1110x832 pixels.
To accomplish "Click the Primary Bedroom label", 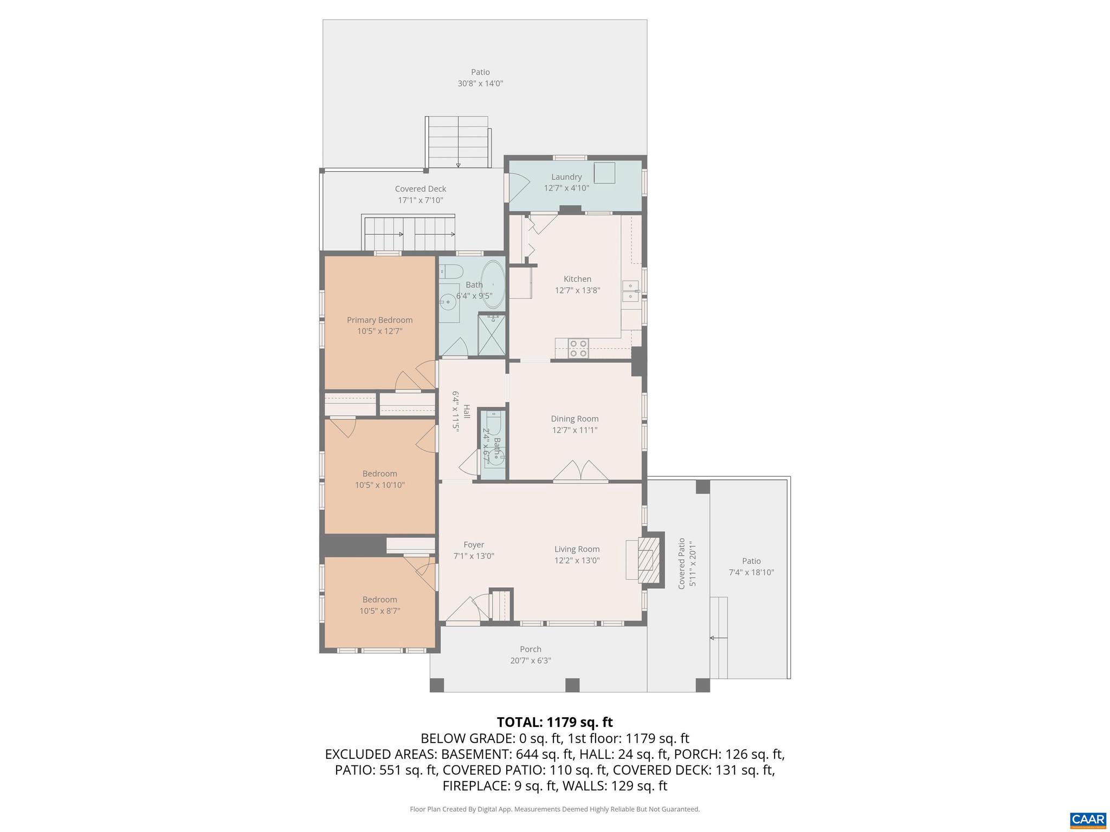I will pyautogui.click(x=379, y=320).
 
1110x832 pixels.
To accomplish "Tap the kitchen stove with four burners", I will pyautogui.click(x=578, y=348).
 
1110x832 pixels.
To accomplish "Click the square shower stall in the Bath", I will pyautogui.click(x=492, y=335).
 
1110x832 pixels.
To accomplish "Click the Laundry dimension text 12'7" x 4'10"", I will pyautogui.click(x=566, y=188).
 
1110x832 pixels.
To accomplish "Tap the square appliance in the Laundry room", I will pyautogui.click(x=604, y=172).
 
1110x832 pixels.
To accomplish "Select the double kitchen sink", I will pyautogui.click(x=630, y=291).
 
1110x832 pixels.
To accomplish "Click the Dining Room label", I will pyautogui.click(x=575, y=419).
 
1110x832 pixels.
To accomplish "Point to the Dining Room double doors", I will pyautogui.click(x=580, y=471).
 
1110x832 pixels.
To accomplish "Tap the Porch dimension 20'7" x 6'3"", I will pyautogui.click(x=530, y=661).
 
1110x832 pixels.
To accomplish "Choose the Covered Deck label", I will pyautogui.click(x=420, y=189).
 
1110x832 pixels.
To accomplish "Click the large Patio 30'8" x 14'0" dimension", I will pyautogui.click(x=480, y=83).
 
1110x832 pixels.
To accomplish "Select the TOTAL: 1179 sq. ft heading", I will pyautogui.click(x=554, y=722).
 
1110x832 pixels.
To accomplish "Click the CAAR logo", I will pyautogui.click(x=1088, y=820).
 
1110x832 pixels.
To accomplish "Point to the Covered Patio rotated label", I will pyautogui.click(x=682, y=563).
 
